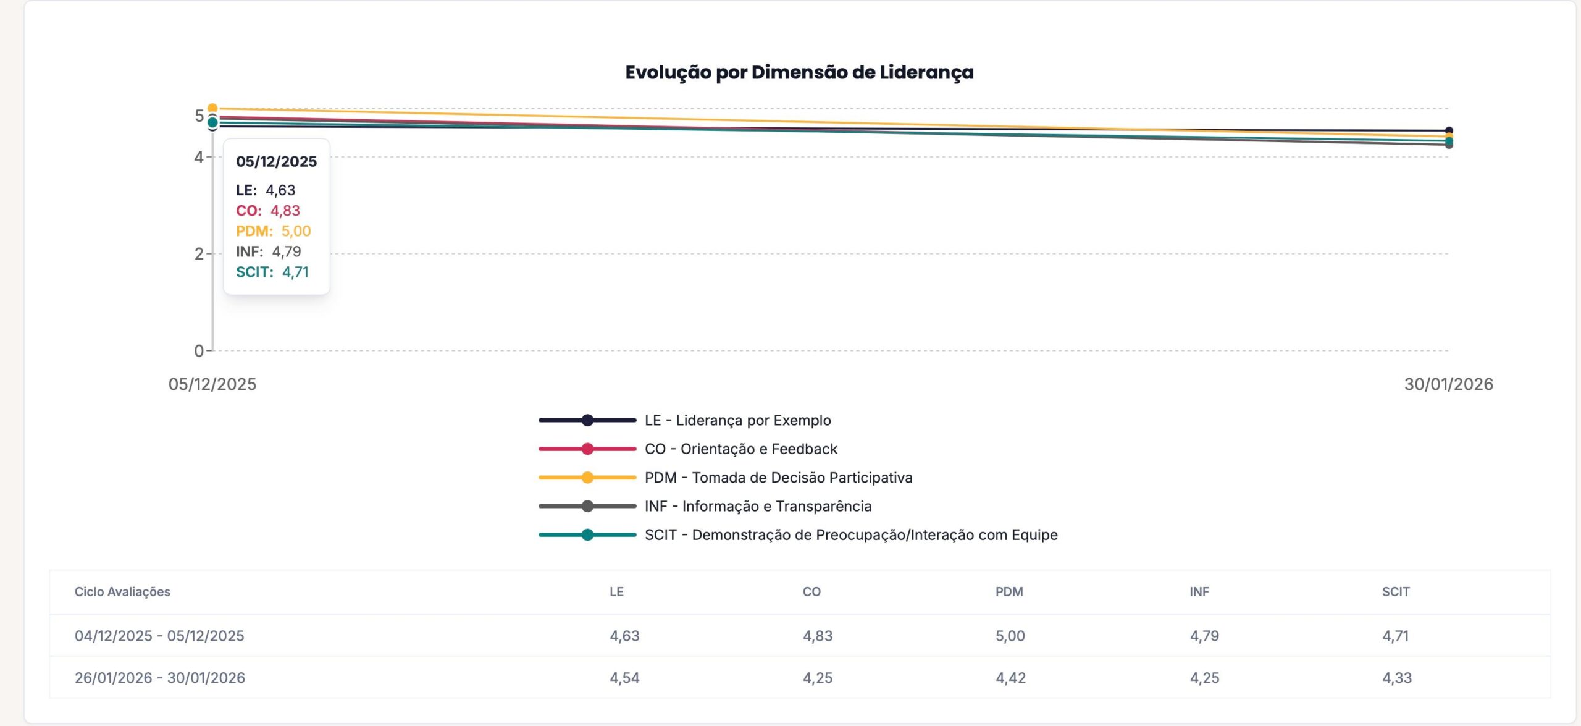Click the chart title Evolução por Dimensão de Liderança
point(799,72)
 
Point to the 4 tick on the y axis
point(199,157)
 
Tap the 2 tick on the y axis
point(199,253)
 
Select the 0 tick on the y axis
point(199,351)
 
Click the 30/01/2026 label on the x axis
point(1448,384)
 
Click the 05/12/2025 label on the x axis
point(212,384)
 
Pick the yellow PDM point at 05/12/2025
point(212,109)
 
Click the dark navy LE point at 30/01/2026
point(1449,131)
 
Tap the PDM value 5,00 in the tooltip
point(296,231)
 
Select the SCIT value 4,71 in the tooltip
point(295,272)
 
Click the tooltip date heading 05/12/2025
point(276,161)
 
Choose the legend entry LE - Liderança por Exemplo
point(737,420)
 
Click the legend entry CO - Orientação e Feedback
point(740,449)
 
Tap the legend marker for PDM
point(587,478)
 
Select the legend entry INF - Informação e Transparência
point(758,506)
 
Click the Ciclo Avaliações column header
point(122,591)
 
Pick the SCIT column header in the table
point(1395,591)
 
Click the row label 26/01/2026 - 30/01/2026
point(160,678)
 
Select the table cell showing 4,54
point(624,678)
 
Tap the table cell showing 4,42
point(1010,678)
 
